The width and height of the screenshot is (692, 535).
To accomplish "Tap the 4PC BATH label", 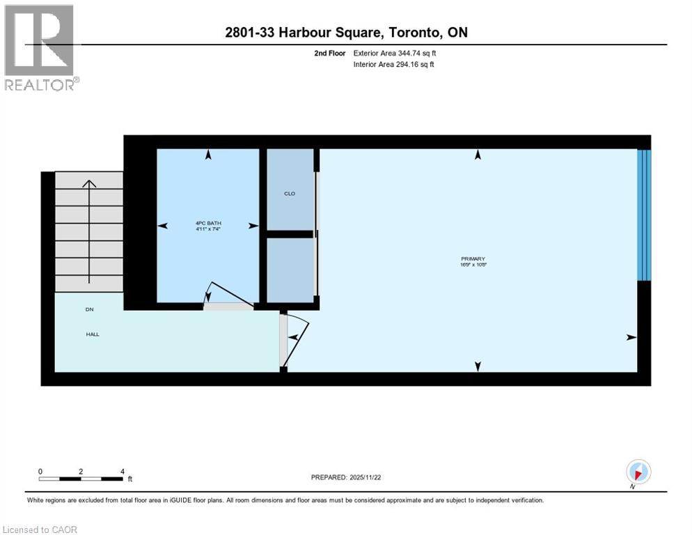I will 208,223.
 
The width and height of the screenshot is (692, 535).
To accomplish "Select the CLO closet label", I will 290,194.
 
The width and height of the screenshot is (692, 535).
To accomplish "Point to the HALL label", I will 93,334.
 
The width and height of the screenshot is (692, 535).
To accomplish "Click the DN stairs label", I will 89,309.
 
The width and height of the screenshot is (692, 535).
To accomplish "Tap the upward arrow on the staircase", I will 89,230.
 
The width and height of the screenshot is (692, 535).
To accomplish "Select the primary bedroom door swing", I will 295,337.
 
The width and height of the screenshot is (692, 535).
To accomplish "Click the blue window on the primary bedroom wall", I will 644,215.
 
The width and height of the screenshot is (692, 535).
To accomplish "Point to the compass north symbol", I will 638,472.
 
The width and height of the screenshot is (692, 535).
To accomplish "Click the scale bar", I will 81,479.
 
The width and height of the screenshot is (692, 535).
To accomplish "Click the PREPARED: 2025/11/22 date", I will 346,477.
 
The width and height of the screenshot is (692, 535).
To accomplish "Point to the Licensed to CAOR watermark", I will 39,529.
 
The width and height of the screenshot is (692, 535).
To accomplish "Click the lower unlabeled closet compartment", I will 290,270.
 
